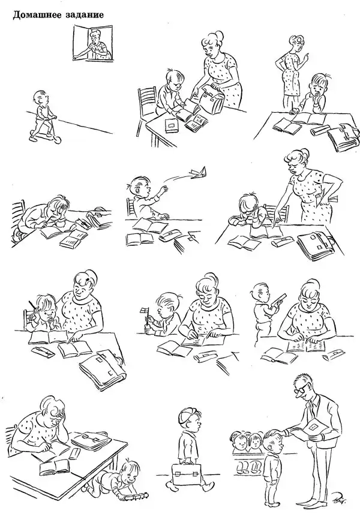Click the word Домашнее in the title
coord(36,15)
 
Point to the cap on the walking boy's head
coord(187,415)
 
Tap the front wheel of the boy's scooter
coord(58,140)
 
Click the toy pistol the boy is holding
coord(278,298)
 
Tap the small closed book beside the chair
coord(171,124)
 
